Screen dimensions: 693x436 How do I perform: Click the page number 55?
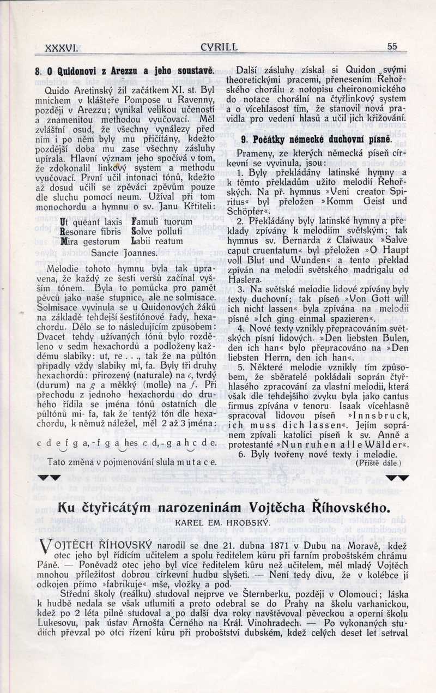pyautogui.click(x=392, y=46)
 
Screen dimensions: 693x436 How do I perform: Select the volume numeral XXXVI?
pyautogui.click(x=62, y=48)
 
